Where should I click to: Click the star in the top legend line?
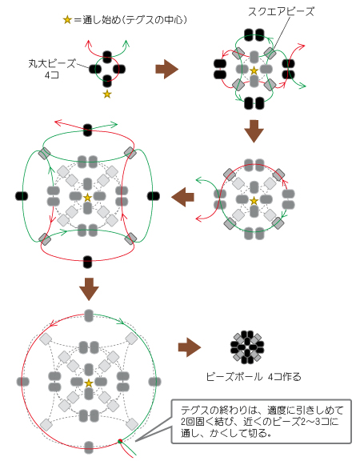67,20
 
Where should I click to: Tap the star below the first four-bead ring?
107,94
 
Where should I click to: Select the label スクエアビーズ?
281,12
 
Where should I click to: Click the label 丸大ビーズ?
52,63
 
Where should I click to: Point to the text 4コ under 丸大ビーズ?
52,74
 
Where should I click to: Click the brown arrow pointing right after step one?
167,69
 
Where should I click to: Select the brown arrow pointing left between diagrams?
182,197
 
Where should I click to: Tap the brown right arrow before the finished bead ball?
190,347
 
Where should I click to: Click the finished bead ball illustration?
247,347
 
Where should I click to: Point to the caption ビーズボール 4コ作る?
254,377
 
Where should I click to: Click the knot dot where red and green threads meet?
120,441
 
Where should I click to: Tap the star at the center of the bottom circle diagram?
89,383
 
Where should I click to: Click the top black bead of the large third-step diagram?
87,130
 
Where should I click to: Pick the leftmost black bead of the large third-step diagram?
22,196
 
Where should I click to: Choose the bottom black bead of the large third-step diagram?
87,262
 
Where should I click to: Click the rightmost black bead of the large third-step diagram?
154,196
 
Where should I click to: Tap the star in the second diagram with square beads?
254,70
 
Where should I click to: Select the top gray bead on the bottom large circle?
89,316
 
